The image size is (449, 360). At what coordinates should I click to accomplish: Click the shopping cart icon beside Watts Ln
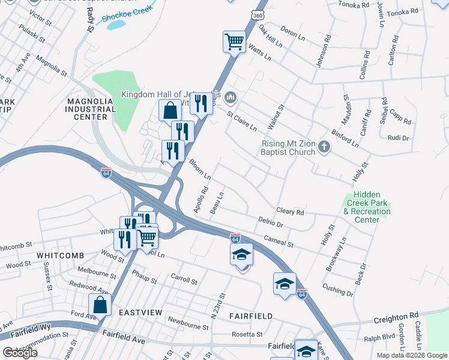pyautogui.click(x=234, y=41)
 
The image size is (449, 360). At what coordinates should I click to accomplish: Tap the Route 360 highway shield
pyautogui.click(x=256, y=14)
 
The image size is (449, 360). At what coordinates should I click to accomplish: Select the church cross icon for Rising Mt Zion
pyautogui.click(x=324, y=147)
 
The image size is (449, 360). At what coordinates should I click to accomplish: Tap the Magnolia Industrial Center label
pyautogui.click(x=91, y=109)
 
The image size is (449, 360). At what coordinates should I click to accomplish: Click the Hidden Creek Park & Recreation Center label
pyautogui.click(x=367, y=208)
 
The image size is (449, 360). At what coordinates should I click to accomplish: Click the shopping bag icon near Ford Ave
pyautogui.click(x=100, y=304)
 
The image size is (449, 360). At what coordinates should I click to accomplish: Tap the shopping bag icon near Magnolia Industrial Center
pyautogui.click(x=170, y=110)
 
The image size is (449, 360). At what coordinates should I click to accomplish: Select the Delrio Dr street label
pyautogui.click(x=270, y=223)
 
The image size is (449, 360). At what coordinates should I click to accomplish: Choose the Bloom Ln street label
pyautogui.click(x=200, y=169)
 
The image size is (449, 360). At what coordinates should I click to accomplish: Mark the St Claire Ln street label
pyautogui.click(x=241, y=120)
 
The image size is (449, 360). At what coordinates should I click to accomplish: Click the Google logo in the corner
pyautogui.click(x=20, y=353)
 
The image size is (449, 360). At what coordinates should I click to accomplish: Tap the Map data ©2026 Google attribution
pyautogui.click(x=411, y=355)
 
